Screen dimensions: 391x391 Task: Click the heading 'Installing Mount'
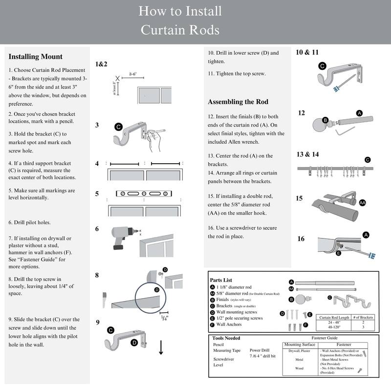point(36,57)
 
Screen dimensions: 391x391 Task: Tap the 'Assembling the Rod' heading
point(238,102)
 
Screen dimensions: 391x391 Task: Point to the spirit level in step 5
point(144,193)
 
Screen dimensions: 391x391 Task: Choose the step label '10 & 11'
point(307,52)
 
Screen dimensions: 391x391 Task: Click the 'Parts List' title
point(220,280)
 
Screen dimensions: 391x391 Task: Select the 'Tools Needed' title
point(226,338)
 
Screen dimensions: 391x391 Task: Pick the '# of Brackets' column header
point(363,317)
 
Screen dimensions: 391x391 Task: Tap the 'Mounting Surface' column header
point(299,345)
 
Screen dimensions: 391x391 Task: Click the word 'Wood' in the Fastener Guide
point(299,368)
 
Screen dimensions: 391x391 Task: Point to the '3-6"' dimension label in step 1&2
point(132,75)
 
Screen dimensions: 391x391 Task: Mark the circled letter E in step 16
point(338,253)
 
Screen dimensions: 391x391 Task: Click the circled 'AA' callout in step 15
point(362,202)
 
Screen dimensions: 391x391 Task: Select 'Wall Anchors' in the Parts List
point(229,324)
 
